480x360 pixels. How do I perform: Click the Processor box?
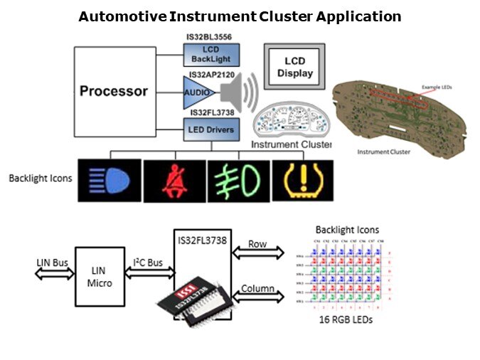coord(114,91)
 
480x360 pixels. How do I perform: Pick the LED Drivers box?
coord(211,129)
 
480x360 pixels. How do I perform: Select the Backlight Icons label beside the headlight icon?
coord(41,178)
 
